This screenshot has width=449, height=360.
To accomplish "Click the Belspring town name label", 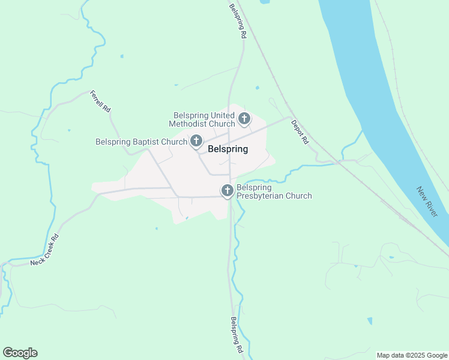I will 228,149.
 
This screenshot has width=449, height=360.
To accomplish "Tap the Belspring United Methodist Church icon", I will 244,119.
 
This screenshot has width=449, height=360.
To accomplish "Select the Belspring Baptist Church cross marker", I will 196,142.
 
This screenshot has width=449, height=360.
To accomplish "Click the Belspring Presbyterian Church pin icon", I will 228,191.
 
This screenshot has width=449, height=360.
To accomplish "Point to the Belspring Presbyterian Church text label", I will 274,191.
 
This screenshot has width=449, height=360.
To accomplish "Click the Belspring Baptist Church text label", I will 142,142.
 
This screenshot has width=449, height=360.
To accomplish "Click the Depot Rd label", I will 299,132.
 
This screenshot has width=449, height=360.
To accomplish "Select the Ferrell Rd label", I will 100,102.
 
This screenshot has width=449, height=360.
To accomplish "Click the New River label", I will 427,202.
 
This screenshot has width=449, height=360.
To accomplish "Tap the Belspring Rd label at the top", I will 238,22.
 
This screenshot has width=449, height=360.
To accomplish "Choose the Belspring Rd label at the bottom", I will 237,334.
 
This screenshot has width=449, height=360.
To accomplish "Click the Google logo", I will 20,353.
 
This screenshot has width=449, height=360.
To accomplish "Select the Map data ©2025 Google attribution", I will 412,355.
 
